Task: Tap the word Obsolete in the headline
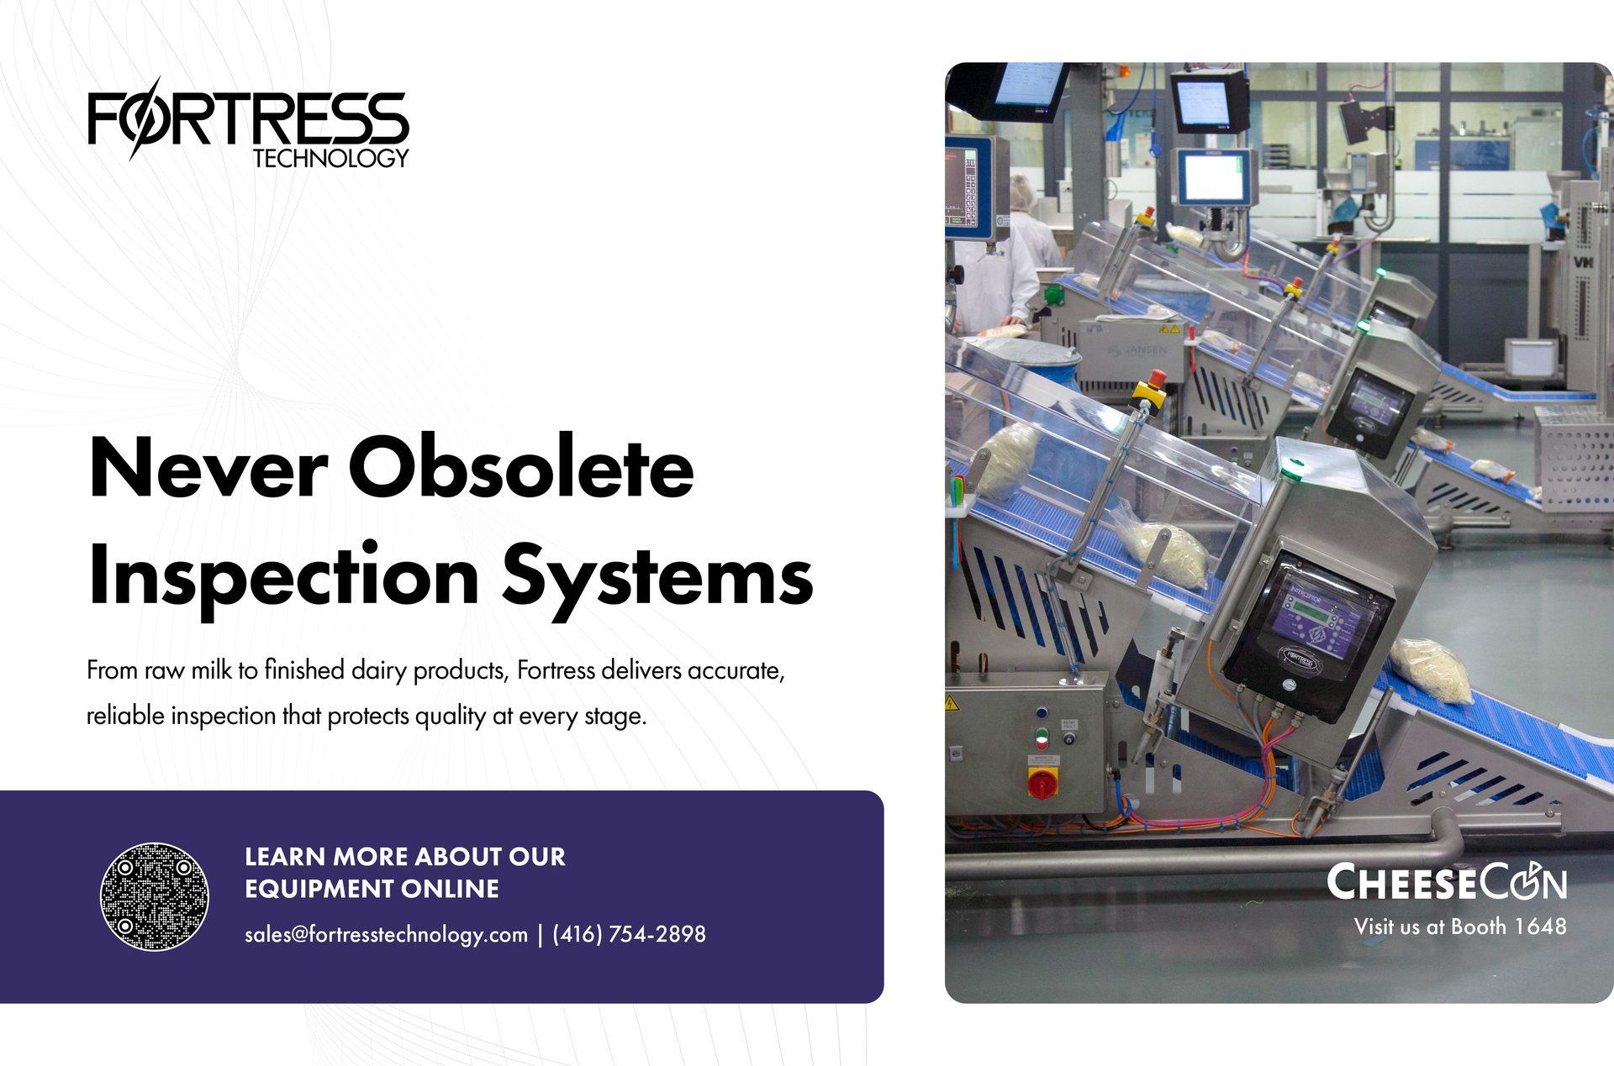click(521, 467)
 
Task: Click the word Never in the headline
click(207, 467)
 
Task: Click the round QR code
click(155, 896)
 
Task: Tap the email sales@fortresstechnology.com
click(386, 934)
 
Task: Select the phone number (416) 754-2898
click(629, 934)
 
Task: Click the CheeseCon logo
click(1446, 882)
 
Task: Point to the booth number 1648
click(1540, 927)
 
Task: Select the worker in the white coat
click(1000, 269)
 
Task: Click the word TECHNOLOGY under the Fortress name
click(330, 158)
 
